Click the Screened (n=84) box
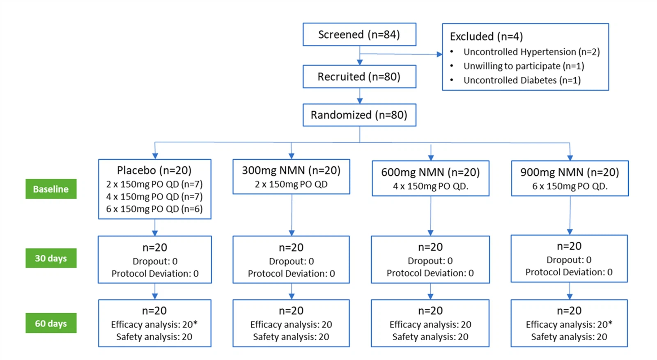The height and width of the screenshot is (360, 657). [359, 34]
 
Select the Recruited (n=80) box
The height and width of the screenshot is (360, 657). [359, 77]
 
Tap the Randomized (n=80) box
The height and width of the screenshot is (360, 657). [359, 115]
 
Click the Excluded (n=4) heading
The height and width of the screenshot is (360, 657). [486, 37]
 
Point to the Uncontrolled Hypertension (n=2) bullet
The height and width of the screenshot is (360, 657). [531, 52]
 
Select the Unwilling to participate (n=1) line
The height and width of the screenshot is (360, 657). [524, 66]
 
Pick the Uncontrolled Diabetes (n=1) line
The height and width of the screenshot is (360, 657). [522, 80]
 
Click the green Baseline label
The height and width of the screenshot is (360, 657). [51, 189]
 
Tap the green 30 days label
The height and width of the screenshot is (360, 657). [51, 258]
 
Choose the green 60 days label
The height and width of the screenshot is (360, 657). [51, 323]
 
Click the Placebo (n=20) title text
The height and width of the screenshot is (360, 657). [154, 170]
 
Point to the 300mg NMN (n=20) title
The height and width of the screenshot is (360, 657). [291, 170]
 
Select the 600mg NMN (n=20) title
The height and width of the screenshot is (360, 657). [430, 172]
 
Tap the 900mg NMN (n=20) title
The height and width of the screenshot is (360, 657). [570, 172]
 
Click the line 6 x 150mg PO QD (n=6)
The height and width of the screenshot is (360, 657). [154, 209]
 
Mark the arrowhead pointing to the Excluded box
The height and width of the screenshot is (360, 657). [439, 54]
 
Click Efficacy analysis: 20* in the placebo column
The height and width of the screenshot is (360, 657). [154, 325]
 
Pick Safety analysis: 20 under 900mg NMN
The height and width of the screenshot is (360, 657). [569, 337]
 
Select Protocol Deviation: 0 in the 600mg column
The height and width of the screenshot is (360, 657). [430, 273]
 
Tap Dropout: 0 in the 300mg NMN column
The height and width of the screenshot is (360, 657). [291, 261]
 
